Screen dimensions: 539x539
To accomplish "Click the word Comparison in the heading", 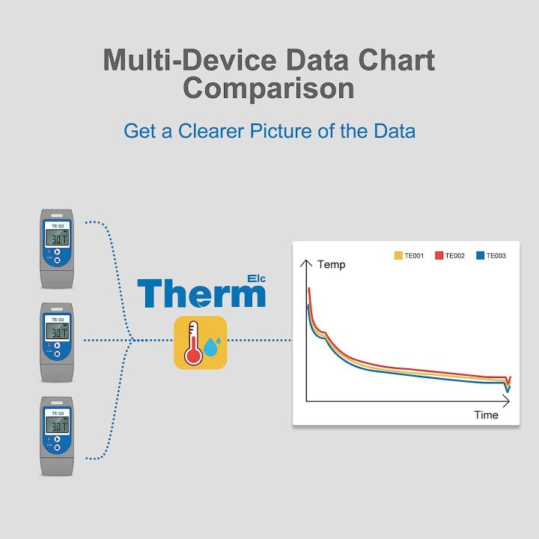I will [269, 89].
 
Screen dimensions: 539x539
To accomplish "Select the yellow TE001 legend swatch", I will [399, 256].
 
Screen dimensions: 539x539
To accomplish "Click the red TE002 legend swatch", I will [439, 256].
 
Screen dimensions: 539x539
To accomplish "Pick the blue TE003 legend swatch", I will [481, 256].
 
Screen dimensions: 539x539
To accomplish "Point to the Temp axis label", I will [332, 264].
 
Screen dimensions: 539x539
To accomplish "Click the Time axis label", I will [486, 415].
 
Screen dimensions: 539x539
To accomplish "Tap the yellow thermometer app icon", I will [201, 343].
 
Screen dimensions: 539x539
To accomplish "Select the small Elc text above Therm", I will [256, 278].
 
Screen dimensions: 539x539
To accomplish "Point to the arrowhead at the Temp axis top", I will [305, 262].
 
